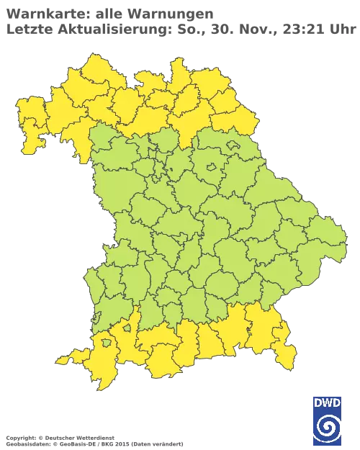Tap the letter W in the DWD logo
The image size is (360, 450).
coord(328,404)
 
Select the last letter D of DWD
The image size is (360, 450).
coord(338,404)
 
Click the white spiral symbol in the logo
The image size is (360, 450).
coord(328,427)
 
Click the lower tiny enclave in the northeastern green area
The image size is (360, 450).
coord(211,168)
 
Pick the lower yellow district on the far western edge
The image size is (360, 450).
coord(32,140)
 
